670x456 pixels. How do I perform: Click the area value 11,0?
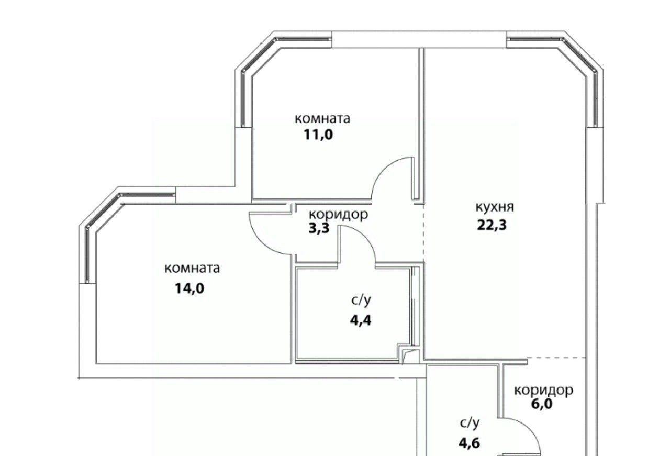[x=318, y=135]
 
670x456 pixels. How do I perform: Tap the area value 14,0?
[x=189, y=289]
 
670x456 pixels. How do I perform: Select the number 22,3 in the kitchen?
[x=492, y=225]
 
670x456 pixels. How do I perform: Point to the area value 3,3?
[x=319, y=228]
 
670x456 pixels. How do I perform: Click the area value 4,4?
[x=361, y=321]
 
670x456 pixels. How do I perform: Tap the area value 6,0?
[x=542, y=404]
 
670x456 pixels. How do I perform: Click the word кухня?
[x=495, y=207]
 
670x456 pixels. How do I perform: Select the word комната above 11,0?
[x=322, y=119]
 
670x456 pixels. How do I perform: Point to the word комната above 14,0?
[x=192, y=269]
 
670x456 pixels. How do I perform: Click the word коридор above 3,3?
[x=338, y=215]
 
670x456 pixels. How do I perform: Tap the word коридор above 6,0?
[x=544, y=391]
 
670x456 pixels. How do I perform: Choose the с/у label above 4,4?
[x=361, y=300]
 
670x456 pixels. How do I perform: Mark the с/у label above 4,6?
[x=470, y=423]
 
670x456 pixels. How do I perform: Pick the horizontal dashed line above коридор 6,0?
[x=556, y=358]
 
